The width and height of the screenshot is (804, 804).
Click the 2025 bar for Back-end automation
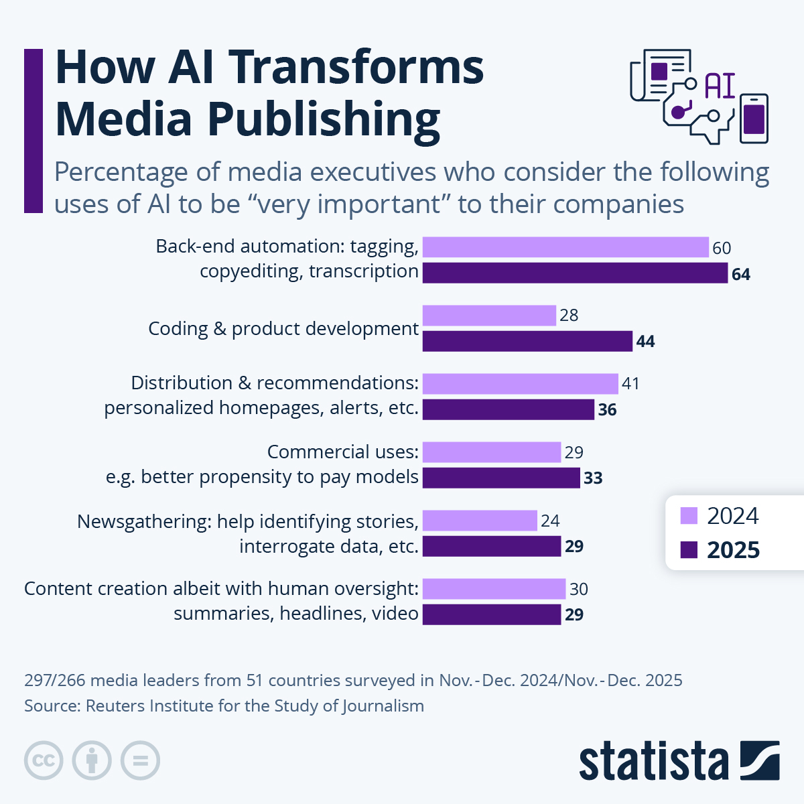point(575,273)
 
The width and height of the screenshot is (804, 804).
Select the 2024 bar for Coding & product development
point(489,315)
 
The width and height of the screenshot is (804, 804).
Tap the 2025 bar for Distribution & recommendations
point(508,409)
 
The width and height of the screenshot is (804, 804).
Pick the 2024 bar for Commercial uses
point(491,452)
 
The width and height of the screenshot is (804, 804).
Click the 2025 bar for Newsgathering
point(491,546)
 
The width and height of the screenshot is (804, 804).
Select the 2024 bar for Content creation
point(494,589)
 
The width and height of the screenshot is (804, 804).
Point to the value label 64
point(741,274)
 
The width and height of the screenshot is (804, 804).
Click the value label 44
point(645,342)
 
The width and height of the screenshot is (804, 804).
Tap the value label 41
point(630,383)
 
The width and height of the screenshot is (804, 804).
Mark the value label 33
point(593,478)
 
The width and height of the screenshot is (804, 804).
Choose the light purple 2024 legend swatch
point(689,516)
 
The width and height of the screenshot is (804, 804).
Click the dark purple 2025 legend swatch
point(689,550)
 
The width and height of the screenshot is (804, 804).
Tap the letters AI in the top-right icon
point(720,86)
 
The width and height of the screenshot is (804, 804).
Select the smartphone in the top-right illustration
point(754,119)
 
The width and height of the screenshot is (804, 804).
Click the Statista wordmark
point(653,761)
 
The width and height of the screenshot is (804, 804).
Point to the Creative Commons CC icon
point(44,761)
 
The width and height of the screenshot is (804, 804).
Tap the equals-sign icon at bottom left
point(140,761)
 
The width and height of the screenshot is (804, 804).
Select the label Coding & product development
point(283,329)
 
